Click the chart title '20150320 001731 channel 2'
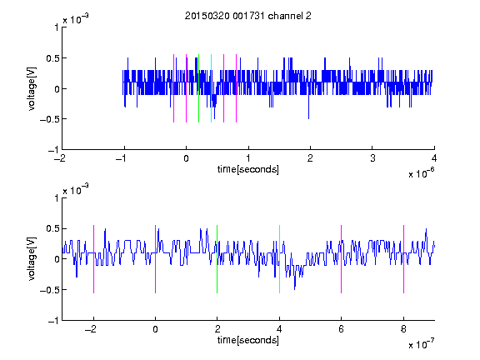(x=248, y=16)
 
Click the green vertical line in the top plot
(x=198, y=88)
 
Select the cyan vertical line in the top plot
(x=211, y=88)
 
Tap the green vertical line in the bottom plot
(x=217, y=259)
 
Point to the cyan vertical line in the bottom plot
(x=279, y=259)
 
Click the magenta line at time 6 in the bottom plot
(x=342, y=259)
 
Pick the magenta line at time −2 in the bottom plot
(x=93, y=259)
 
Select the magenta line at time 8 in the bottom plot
(x=404, y=259)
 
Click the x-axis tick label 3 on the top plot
(x=372, y=158)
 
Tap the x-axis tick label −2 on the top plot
(x=60, y=158)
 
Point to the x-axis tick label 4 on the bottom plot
(x=279, y=329)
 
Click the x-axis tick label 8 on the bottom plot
(x=403, y=329)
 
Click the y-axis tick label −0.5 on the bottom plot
(x=49, y=290)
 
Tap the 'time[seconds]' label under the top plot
(x=248, y=169)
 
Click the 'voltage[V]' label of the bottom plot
(x=32, y=259)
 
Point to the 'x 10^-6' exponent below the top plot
(x=422, y=173)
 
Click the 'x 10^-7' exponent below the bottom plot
(x=422, y=344)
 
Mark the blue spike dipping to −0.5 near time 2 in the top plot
(x=308, y=107)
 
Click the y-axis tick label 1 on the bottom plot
(x=57, y=198)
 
